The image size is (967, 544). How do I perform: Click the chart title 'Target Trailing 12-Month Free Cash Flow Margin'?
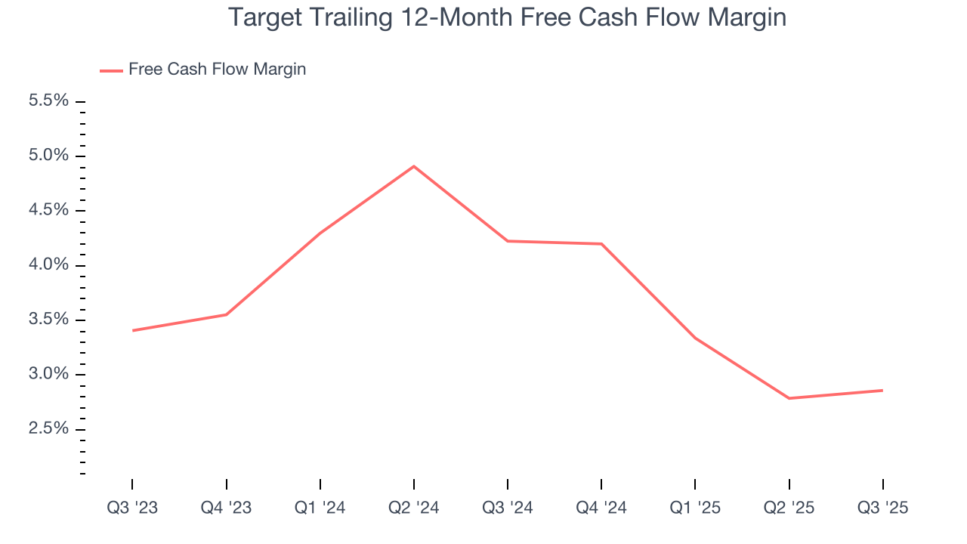click(507, 17)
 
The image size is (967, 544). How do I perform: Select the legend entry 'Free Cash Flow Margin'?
click(217, 70)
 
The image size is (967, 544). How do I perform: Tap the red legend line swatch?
click(111, 71)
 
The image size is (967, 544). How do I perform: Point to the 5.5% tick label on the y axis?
click(48, 101)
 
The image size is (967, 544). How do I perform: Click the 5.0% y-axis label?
click(48, 156)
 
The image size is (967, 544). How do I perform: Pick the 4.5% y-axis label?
click(48, 210)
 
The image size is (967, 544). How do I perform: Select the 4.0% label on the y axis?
click(48, 265)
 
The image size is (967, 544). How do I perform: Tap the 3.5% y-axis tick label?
click(48, 320)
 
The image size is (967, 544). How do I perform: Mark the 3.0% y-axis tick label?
click(48, 375)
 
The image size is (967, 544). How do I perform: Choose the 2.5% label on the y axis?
click(48, 429)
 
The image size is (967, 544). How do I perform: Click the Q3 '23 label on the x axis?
click(132, 508)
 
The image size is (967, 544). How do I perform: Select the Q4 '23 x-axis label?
click(226, 508)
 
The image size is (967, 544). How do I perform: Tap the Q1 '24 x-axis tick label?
click(320, 508)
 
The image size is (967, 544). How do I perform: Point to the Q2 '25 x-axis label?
click(789, 508)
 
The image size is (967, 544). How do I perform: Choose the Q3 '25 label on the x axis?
click(883, 508)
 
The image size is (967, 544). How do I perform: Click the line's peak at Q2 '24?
click(414, 166)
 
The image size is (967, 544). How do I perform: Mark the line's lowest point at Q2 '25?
click(789, 398)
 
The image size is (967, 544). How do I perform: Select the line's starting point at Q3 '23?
click(132, 330)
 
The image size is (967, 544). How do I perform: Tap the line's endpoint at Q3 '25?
click(882, 391)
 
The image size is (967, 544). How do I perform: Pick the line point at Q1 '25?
click(695, 338)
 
